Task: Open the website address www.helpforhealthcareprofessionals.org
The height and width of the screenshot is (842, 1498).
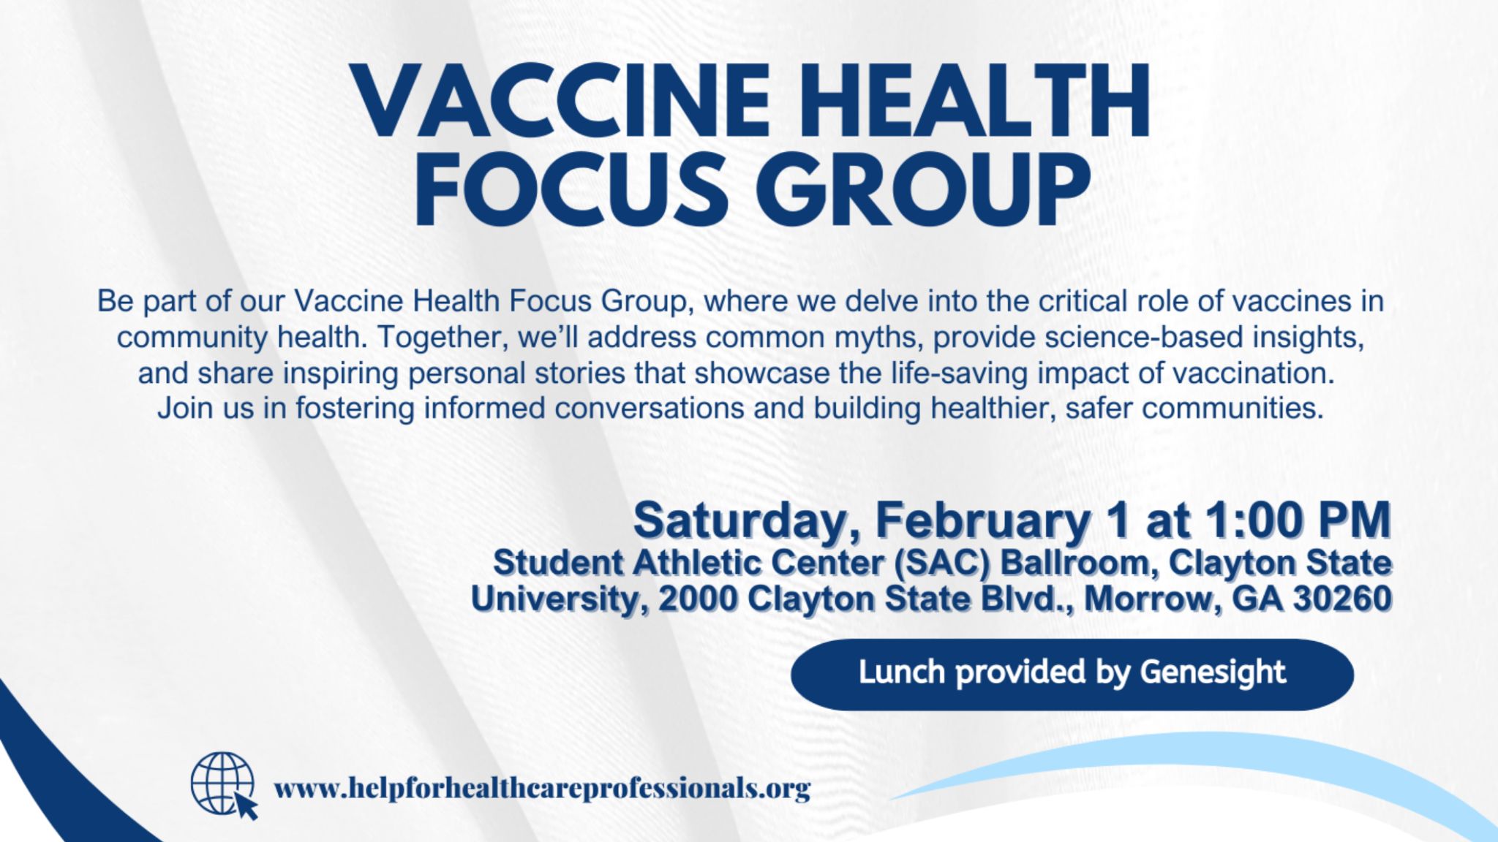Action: [x=542, y=789]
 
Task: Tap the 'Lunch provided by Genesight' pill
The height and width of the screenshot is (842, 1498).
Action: [x=1072, y=674]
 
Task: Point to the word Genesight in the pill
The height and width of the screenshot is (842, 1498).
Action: [x=1212, y=672]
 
